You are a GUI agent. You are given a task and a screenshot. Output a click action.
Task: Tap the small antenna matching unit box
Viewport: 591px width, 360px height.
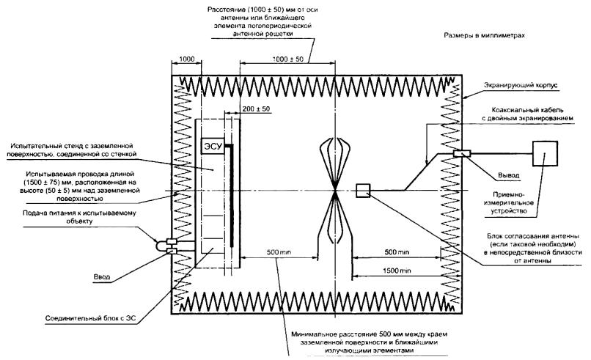click(363, 191)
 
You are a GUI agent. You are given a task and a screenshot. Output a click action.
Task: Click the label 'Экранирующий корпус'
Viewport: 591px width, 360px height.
click(523, 86)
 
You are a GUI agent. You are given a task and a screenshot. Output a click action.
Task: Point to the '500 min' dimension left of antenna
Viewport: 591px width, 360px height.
click(279, 251)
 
